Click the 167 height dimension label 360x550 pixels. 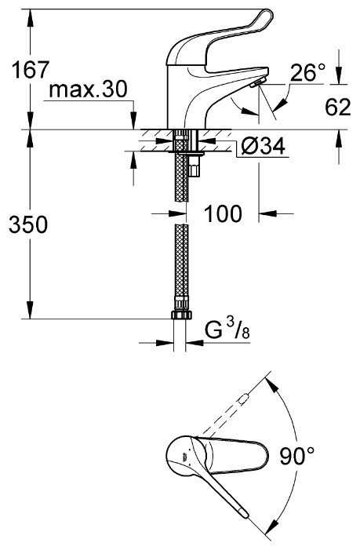click(x=30, y=70)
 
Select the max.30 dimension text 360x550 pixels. click(x=88, y=89)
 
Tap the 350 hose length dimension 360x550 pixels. click(x=28, y=224)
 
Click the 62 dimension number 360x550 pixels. click(x=337, y=107)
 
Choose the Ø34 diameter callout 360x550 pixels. click(x=263, y=146)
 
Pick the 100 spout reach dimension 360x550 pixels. click(x=223, y=213)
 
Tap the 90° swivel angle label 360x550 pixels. click(x=297, y=456)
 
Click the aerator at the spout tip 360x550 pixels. click(x=256, y=83)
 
